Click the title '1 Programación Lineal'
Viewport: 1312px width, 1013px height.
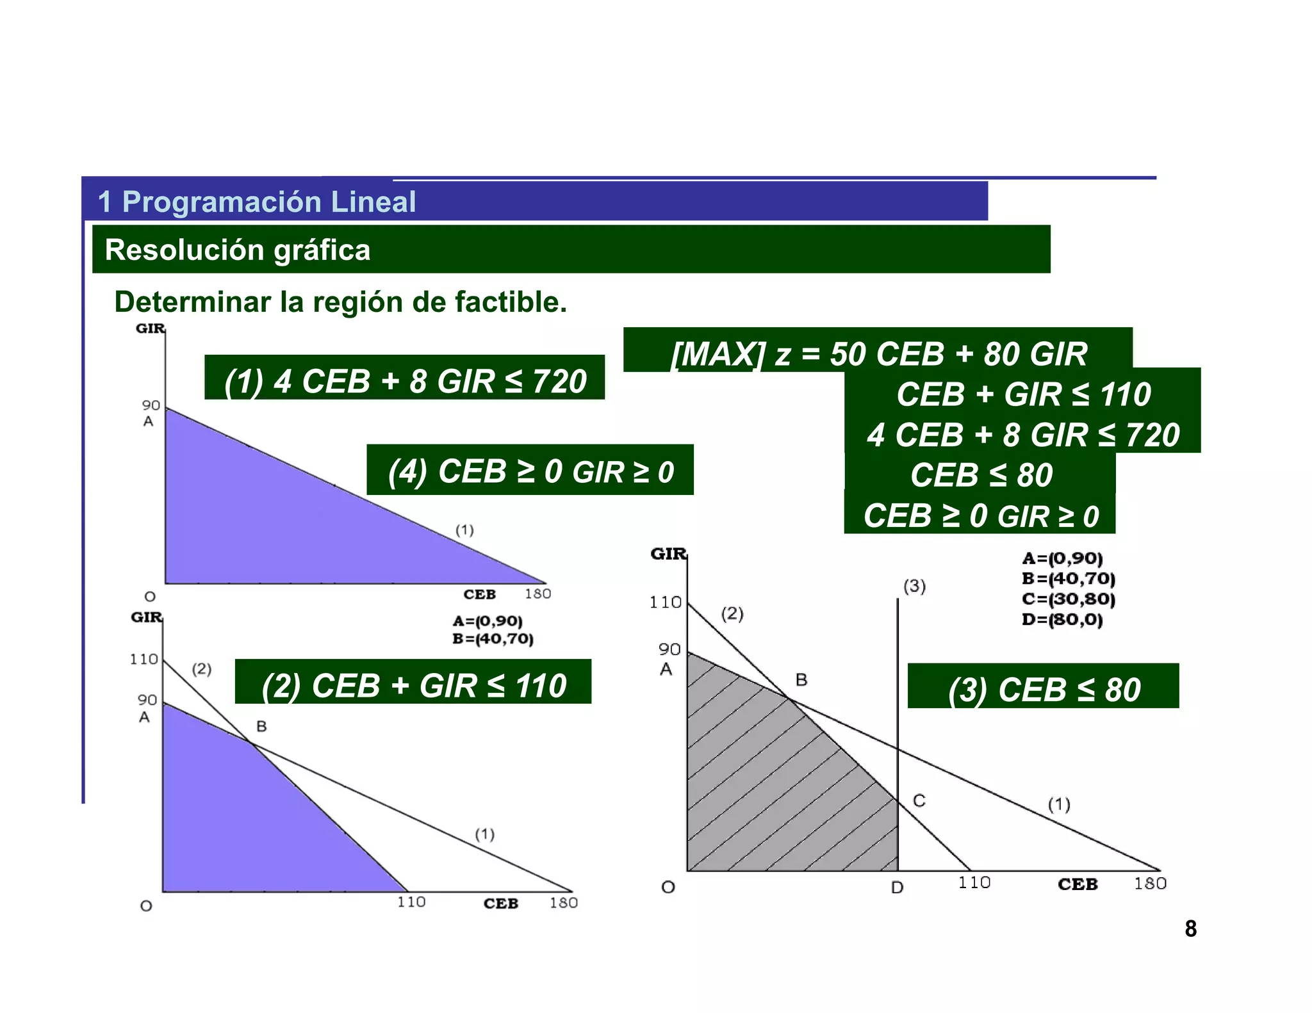pyautogui.click(x=256, y=202)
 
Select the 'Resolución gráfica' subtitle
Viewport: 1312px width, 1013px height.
pyautogui.click(x=237, y=250)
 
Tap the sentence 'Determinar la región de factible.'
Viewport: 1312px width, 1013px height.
pyautogui.click(x=340, y=302)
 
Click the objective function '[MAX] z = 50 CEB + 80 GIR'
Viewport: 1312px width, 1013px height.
pyautogui.click(x=879, y=353)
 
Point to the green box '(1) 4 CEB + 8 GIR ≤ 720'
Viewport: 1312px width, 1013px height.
pyautogui.click(x=405, y=380)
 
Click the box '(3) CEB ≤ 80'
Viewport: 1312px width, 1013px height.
pyautogui.click(x=1044, y=689)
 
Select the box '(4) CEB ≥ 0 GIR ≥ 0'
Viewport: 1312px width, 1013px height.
pyautogui.click(x=530, y=471)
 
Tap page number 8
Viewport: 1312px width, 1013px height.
pyautogui.click(x=1190, y=928)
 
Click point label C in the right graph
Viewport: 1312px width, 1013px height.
pyautogui.click(x=919, y=800)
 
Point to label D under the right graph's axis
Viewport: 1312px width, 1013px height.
pyautogui.click(x=897, y=887)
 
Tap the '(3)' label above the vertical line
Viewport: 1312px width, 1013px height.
pyautogui.click(x=914, y=586)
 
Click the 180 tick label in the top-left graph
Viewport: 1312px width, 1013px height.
pyautogui.click(x=537, y=594)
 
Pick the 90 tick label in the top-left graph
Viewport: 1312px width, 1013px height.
pyautogui.click(x=151, y=405)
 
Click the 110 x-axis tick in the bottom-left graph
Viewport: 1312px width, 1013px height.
pyautogui.click(x=411, y=902)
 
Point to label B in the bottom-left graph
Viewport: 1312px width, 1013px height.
pyautogui.click(x=261, y=726)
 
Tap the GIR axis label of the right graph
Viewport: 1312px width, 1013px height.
pyautogui.click(x=668, y=554)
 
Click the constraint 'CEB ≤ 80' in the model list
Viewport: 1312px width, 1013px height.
pyautogui.click(x=981, y=475)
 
